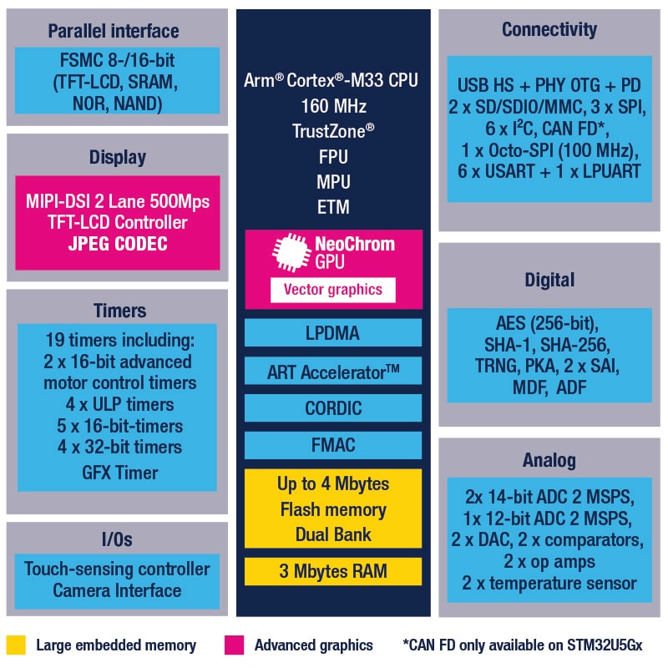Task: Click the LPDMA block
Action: coord(333,333)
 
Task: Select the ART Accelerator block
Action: coord(333,372)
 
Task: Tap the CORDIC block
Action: coord(333,409)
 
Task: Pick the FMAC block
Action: coord(333,445)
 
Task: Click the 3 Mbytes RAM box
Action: coord(333,572)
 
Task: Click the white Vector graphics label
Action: coord(333,290)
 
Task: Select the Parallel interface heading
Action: coord(114,31)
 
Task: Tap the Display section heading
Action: coord(118,157)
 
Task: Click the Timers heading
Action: coord(118,311)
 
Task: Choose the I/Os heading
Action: coord(117,539)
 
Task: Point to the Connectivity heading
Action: coord(549,30)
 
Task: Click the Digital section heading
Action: coord(549,280)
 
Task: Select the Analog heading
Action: coord(549,460)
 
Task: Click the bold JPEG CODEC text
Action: coord(118,245)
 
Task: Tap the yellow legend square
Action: coord(16,645)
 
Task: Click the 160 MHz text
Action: coord(333,106)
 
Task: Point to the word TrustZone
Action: coord(329,132)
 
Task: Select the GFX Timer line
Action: coord(118,473)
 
